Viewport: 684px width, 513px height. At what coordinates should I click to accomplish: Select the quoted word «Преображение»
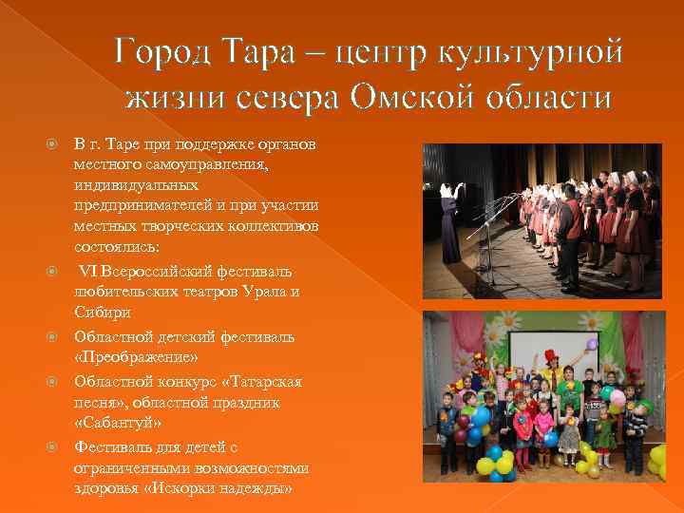[136, 358]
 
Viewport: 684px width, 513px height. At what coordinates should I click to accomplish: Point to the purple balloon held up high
[592, 345]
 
